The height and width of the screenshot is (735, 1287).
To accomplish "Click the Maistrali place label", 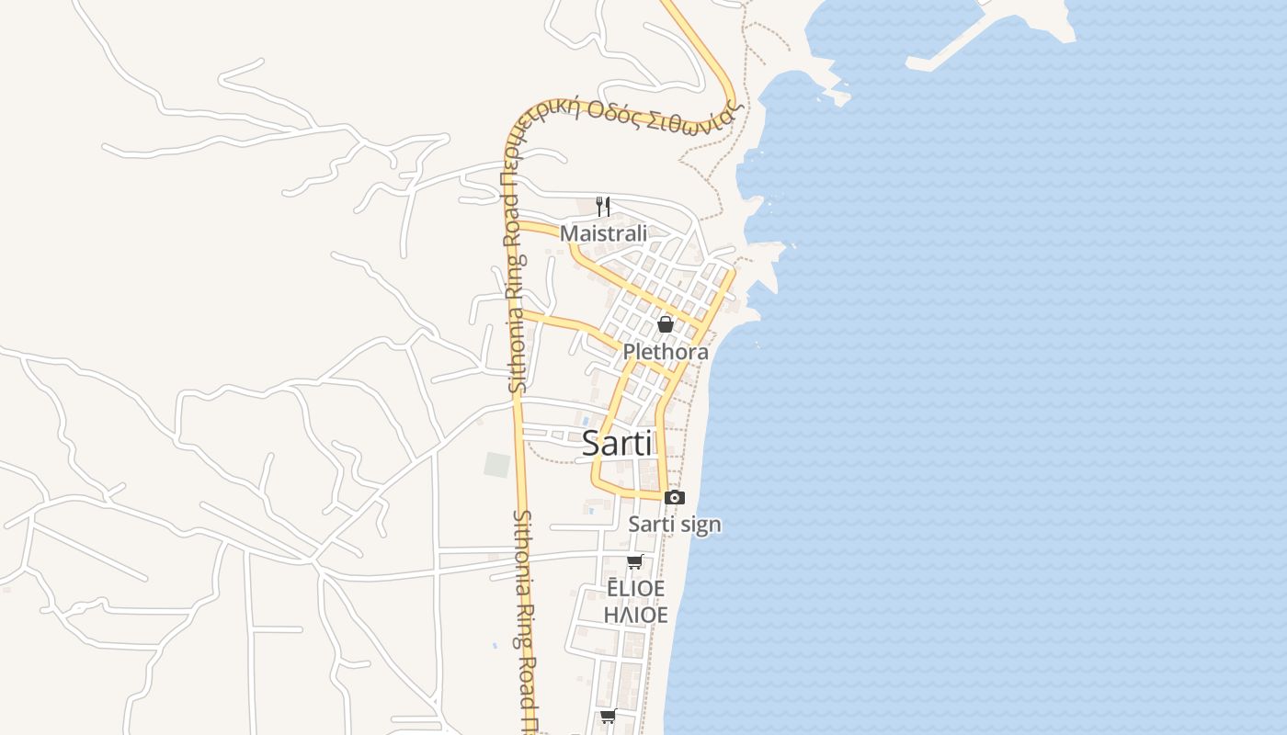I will pos(603,233).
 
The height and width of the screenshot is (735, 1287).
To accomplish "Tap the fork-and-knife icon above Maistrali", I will pos(603,206).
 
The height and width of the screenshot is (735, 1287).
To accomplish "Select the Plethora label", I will pos(666,352).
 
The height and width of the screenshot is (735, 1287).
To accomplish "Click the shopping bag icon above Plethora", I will pos(666,324).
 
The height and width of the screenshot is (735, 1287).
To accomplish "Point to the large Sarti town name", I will pos(618,444).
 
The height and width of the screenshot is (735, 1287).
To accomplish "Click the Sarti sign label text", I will pos(675,525).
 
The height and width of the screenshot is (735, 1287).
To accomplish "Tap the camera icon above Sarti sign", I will pos(675,497).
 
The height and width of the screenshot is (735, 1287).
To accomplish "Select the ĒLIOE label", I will pos(634,589).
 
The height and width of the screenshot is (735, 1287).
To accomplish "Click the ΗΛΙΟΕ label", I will pos(635,614).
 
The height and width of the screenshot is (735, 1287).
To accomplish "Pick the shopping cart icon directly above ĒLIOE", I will pos(634,562).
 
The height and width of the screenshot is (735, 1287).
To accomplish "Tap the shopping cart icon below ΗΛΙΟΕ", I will pos(608,717).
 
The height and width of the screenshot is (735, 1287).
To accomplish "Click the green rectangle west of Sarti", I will pos(496,465).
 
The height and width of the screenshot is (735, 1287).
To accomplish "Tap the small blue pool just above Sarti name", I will pos(585,420).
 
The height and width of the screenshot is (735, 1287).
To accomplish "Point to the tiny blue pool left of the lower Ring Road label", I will pos(495,646).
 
